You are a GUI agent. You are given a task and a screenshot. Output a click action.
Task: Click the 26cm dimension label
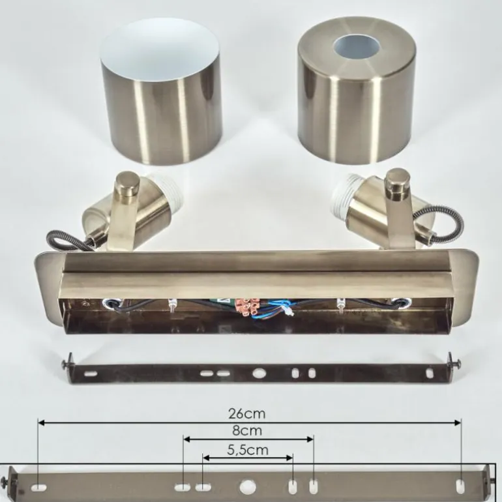click(247, 413)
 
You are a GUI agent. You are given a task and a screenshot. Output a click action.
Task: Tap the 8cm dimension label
click(247, 430)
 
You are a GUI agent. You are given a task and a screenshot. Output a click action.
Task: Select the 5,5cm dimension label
click(248, 450)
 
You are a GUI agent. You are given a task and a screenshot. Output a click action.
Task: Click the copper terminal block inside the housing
click(247, 306)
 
